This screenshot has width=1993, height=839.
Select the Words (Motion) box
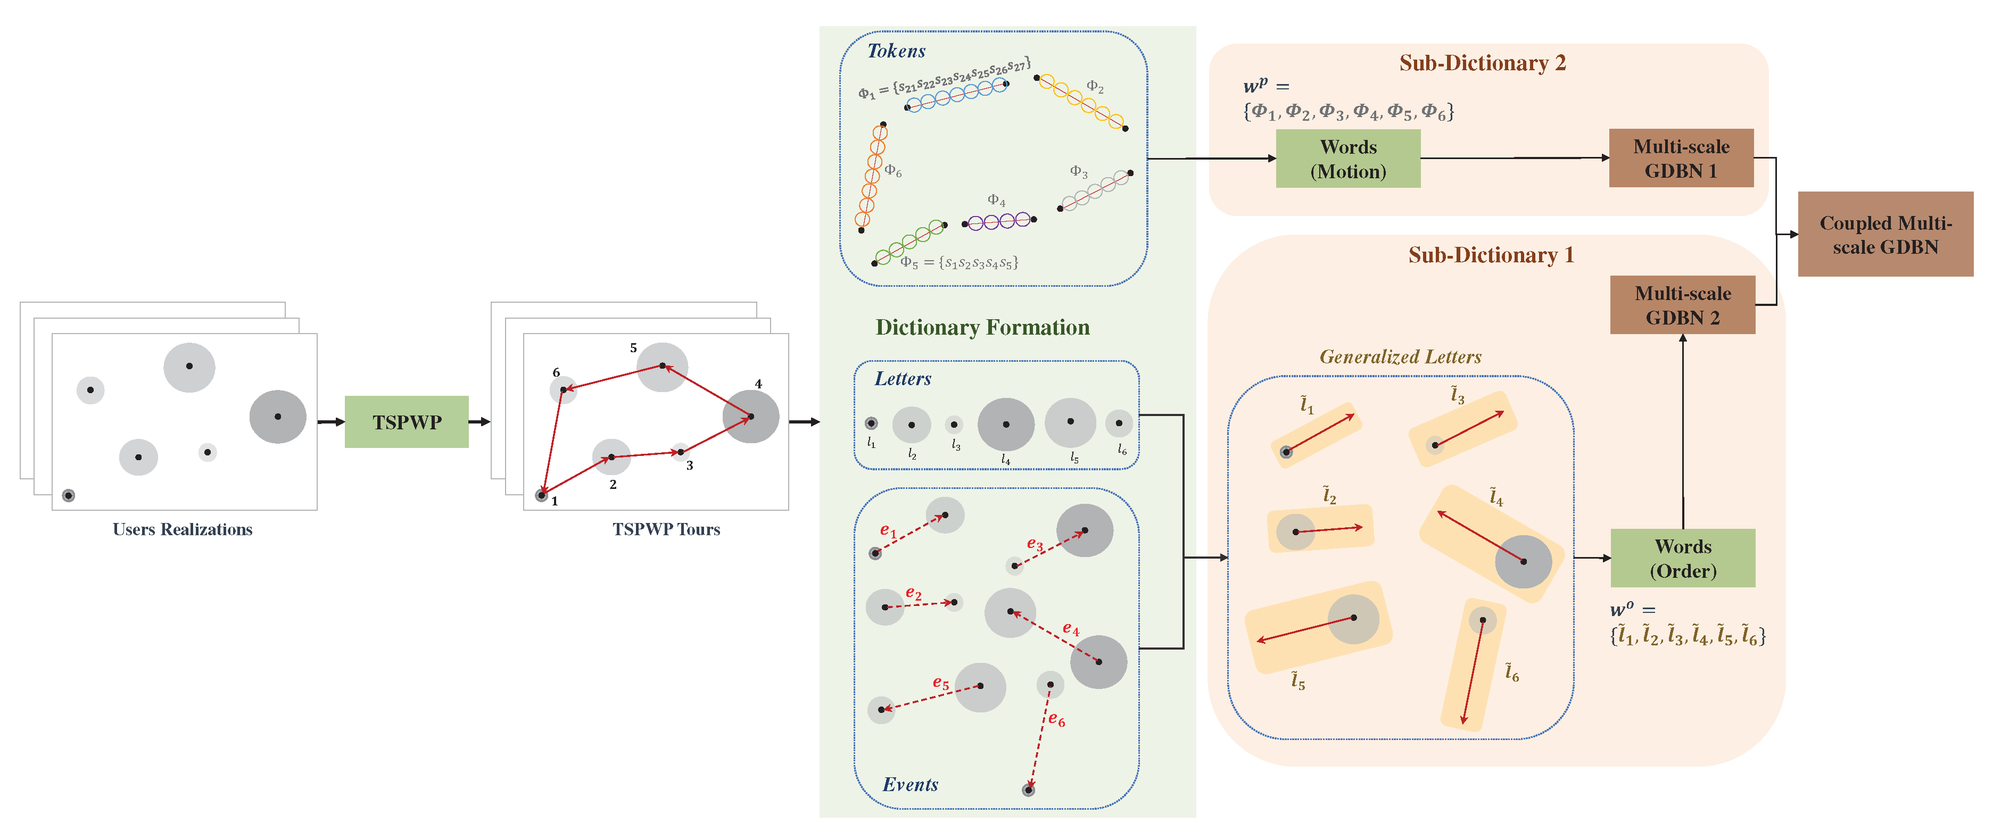(1348, 159)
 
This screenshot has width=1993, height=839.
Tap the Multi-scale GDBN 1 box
(1681, 159)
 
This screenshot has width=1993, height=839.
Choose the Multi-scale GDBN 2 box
(1682, 305)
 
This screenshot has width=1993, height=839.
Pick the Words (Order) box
(1682, 558)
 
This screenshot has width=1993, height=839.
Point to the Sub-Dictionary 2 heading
(1482, 63)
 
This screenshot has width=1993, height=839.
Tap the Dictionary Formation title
(982, 327)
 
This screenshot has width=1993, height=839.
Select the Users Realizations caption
(183, 529)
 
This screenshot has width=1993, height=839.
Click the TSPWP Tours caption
(666, 529)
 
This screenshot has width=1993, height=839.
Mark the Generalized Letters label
(1400, 356)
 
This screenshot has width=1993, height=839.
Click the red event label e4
(1070, 629)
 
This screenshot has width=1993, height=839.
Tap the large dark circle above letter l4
(1006, 423)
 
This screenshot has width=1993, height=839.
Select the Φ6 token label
(893, 170)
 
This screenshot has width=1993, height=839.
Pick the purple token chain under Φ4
(999, 221)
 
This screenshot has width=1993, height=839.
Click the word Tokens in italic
(896, 51)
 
